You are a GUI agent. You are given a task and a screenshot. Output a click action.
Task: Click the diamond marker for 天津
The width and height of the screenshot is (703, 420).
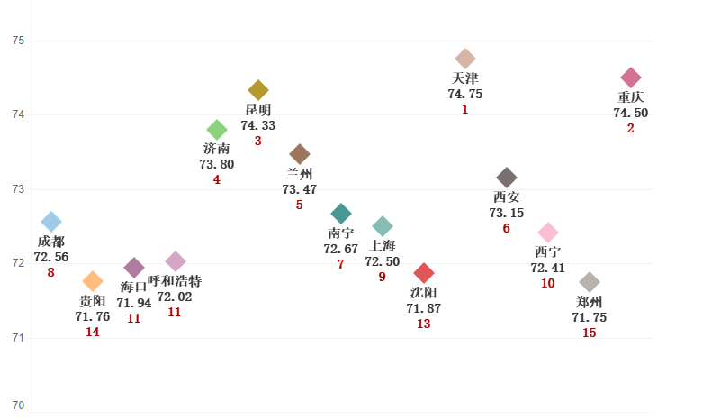(465, 59)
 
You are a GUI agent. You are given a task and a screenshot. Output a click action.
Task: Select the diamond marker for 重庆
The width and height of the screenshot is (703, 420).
(631, 78)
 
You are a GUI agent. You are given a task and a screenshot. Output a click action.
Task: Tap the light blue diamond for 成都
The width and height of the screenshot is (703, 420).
(51, 222)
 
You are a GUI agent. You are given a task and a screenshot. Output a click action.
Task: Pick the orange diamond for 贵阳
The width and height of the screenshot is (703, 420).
(93, 281)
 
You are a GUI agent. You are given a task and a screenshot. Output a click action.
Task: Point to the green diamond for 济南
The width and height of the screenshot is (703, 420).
(217, 130)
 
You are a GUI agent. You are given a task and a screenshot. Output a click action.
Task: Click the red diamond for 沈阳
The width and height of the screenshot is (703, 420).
(424, 273)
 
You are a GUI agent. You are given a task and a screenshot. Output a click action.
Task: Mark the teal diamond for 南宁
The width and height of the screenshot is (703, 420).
(341, 214)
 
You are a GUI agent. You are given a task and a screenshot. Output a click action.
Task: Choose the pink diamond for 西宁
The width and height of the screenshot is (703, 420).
(548, 233)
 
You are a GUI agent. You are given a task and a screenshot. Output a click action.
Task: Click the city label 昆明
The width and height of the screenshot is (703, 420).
(258, 110)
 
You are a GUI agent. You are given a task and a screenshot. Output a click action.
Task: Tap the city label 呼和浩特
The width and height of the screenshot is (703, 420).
(175, 281)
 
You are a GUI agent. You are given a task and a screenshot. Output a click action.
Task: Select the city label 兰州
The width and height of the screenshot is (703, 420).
(300, 174)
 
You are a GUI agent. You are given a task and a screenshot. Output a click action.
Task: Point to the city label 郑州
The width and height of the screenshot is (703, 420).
(590, 302)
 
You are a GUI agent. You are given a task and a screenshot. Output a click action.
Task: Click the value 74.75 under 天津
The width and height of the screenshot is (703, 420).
(465, 94)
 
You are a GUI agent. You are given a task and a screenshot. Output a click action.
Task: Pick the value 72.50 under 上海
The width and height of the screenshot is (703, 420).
(383, 261)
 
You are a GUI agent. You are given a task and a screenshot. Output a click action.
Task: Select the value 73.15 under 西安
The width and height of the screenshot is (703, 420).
(507, 213)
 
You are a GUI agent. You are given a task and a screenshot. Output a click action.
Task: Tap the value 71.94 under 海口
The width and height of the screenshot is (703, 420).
(134, 303)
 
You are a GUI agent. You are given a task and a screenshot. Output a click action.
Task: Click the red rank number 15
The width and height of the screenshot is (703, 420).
(590, 333)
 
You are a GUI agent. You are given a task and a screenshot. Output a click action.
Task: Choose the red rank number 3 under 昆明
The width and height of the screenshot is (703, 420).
(258, 141)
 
